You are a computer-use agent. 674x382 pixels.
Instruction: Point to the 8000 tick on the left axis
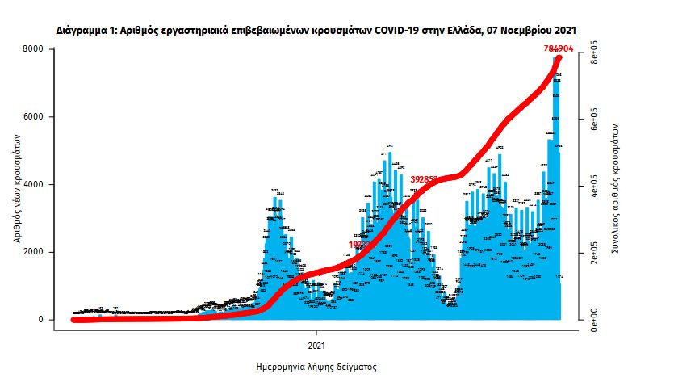(x=33, y=50)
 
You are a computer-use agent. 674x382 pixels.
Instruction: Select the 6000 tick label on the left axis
(x=33, y=117)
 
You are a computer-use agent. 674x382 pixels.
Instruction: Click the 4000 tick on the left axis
(x=33, y=185)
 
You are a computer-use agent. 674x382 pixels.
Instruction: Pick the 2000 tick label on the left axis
(x=33, y=252)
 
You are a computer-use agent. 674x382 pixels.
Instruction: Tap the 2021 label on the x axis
(x=316, y=345)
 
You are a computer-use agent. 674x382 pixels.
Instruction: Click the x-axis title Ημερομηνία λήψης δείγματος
(x=316, y=366)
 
